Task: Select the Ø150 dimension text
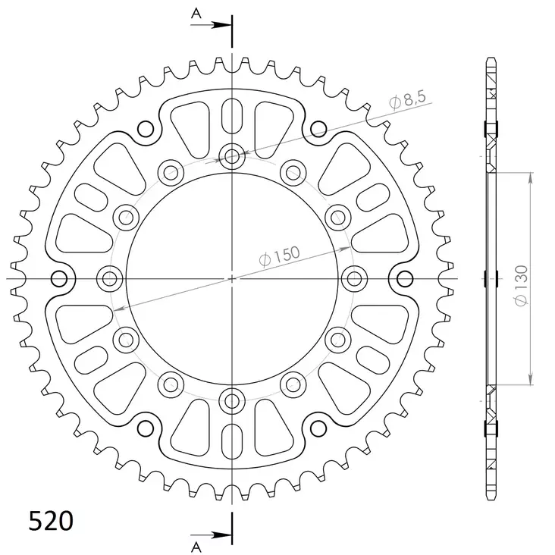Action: click(280, 256)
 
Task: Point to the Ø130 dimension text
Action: click(521, 285)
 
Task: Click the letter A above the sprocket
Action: click(196, 13)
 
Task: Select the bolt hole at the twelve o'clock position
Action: click(232, 157)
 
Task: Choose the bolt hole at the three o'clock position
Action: click(353, 277)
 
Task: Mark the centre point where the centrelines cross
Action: click(232, 278)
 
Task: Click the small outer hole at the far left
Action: click(59, 277)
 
